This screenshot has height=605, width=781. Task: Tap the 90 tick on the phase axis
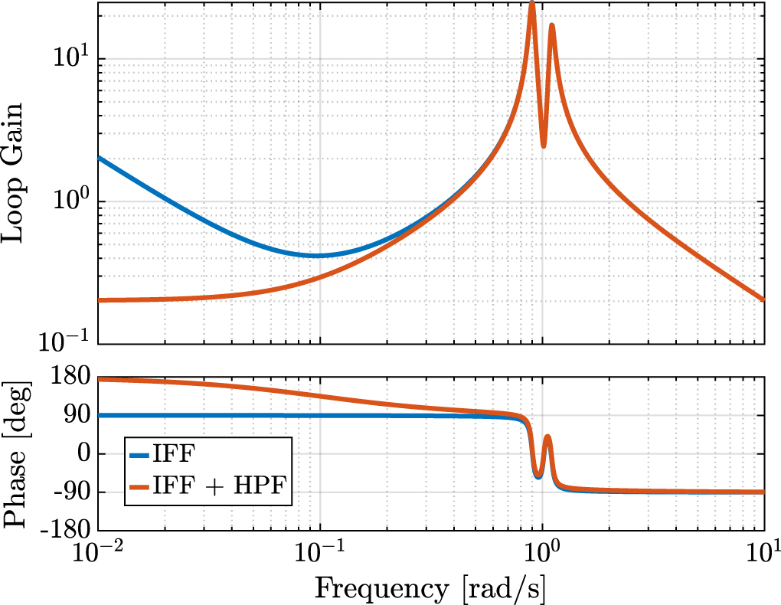pos(79,416)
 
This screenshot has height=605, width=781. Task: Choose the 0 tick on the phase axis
pos(83,454)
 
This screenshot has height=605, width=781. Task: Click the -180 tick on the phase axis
pos(70,531)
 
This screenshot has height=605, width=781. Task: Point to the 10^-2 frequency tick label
pos(98,554)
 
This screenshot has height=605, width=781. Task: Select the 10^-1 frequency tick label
pos(320,554)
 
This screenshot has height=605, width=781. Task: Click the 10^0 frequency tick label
pos(542,554)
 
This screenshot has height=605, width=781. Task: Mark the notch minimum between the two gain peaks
pos(543,146)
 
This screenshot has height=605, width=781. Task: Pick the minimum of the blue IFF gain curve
pos(315,255)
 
